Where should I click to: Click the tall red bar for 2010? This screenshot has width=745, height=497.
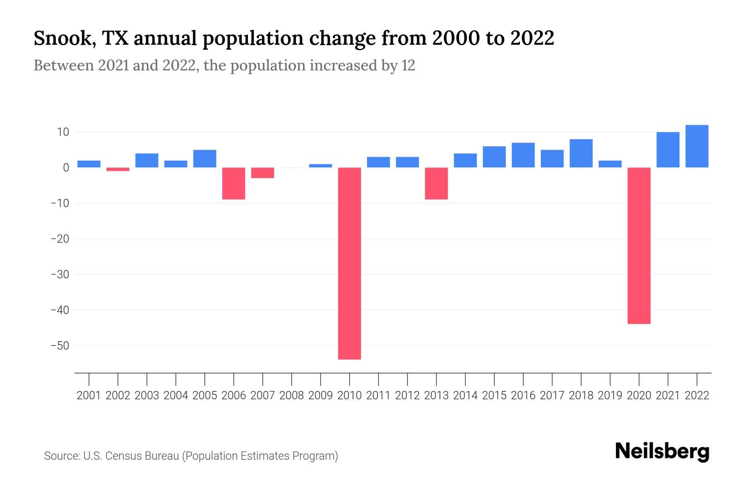pos(349,263)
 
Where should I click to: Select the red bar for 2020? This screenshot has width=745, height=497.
pos(639,245)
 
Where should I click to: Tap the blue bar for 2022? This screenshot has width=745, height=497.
pos(697,146)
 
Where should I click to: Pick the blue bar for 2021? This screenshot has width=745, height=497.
pos(668,150)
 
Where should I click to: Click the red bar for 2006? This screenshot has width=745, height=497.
pos(233,183)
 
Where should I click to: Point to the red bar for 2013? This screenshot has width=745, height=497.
pos(436,183)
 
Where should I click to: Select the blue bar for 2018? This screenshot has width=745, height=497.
pos(581,153)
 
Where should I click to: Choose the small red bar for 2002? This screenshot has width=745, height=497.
pos(118,169)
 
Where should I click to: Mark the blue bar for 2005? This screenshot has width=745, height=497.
pos(205,159)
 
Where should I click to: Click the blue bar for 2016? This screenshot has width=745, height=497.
pos(523,155)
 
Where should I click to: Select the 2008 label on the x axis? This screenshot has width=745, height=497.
pos(291,396)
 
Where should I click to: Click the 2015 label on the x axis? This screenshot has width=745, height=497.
pos(494,396)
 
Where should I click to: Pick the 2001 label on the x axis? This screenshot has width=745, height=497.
pos(89,396)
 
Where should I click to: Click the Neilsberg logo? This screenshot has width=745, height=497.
pos(662,451)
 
